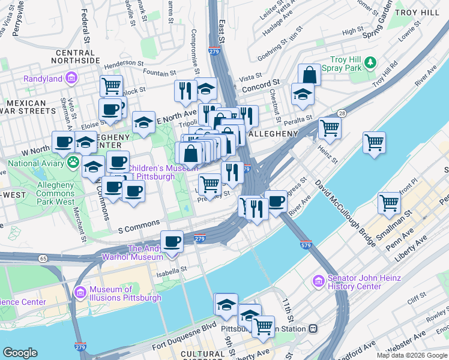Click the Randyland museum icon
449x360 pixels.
pyautogui.click(x=71, y=78)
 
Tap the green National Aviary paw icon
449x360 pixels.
pyautogui.click(x=73, y=161)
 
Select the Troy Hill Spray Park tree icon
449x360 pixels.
pyautogui.click(x=371, y=61)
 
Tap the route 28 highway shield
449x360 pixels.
pyautogui.click(x=340, y=113)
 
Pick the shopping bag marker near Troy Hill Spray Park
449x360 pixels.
pyautogui.click(x=309, y=76)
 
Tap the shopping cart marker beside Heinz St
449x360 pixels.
pyautogui.click(x=329, y=128)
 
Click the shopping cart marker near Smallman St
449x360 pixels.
pyautogui.click(x=389, y=203)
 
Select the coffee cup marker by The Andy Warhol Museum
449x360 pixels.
pyautogui.click(x=172, y=241)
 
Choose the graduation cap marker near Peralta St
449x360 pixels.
pyautogui.click(x=303, y=94)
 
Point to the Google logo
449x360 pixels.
pyautogui.click(x=20, y=352)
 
